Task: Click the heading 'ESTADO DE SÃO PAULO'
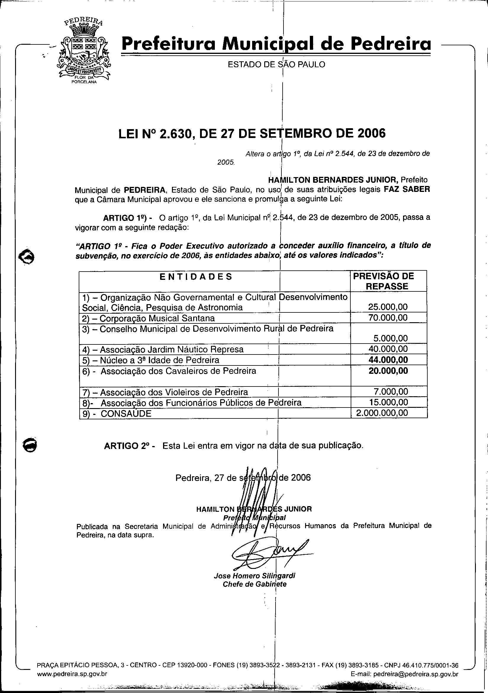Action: coord(276,64)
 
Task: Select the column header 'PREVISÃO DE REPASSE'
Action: coord(388,281)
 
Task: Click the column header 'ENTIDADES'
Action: coord(196,277)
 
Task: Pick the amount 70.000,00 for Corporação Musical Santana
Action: coord(388,317)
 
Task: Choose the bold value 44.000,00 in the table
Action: coord(388,360)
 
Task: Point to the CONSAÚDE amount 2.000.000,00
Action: coord(382,413)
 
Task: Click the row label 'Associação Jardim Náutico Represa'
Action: coord(171,349)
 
